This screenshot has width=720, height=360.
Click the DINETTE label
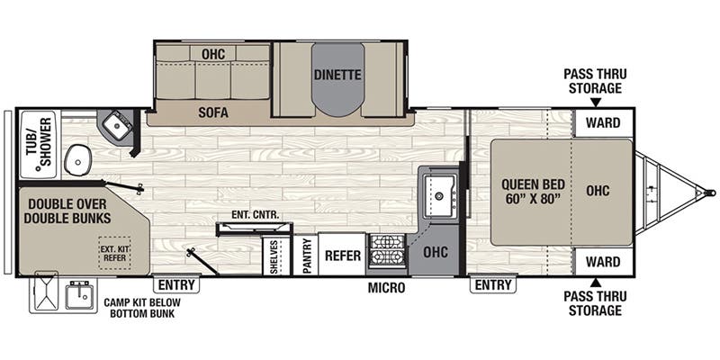click(x=337, y=76)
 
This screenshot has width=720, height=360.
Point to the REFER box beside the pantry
click(x=343, y=256)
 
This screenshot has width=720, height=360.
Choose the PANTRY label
click(x=307, y=256)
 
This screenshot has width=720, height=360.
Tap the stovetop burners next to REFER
click(x=388, y=251)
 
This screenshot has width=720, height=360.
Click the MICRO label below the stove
click(x=386, y=288)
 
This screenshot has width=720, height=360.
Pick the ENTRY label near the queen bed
click(x=492, y=285)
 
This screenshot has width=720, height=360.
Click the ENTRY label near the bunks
click(x=176, y=285)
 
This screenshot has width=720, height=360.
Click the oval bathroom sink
click(x=79, y=159)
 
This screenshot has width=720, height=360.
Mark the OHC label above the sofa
click(x=212, y=54)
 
